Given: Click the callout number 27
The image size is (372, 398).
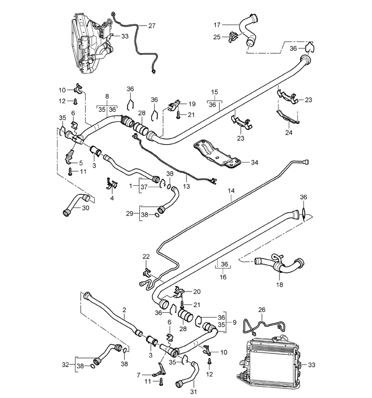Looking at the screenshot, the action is tap(151, 26).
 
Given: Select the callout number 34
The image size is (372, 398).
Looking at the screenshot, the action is tap(255, 162).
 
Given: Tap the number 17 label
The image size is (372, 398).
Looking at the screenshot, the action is tap(217, 25).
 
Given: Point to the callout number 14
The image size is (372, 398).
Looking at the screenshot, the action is tap(231, 190).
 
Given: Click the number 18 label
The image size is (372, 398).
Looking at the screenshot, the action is tap(280, 285).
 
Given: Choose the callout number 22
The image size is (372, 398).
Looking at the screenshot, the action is tap(146, 256).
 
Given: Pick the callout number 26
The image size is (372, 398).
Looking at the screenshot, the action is tap(261, 310).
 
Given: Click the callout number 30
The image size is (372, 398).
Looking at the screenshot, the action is tap(86, 208).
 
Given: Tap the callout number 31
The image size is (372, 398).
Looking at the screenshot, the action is tap(193, 392).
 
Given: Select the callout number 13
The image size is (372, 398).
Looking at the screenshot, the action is tap(187, 187).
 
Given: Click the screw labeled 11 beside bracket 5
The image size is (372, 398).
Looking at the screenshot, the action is tap(70, 171).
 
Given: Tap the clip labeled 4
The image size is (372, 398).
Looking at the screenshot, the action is tap(112, 184).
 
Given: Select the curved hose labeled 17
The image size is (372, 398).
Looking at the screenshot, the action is tap(250, 30).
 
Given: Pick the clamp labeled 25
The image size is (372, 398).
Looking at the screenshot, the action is tap(233, 37).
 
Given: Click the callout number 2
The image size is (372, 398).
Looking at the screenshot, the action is tap(124, 310).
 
